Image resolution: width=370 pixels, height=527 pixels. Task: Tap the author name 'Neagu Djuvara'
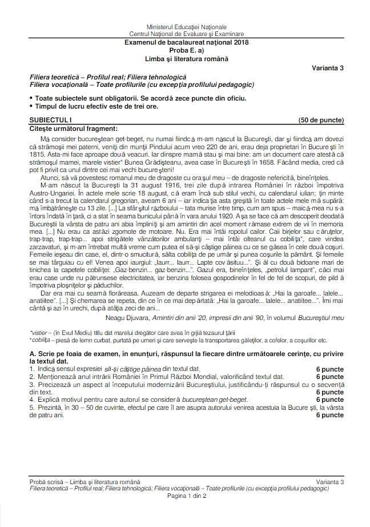128,317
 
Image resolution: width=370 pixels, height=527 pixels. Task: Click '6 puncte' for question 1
329,369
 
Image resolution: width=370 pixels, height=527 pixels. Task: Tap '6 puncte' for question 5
329,415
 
